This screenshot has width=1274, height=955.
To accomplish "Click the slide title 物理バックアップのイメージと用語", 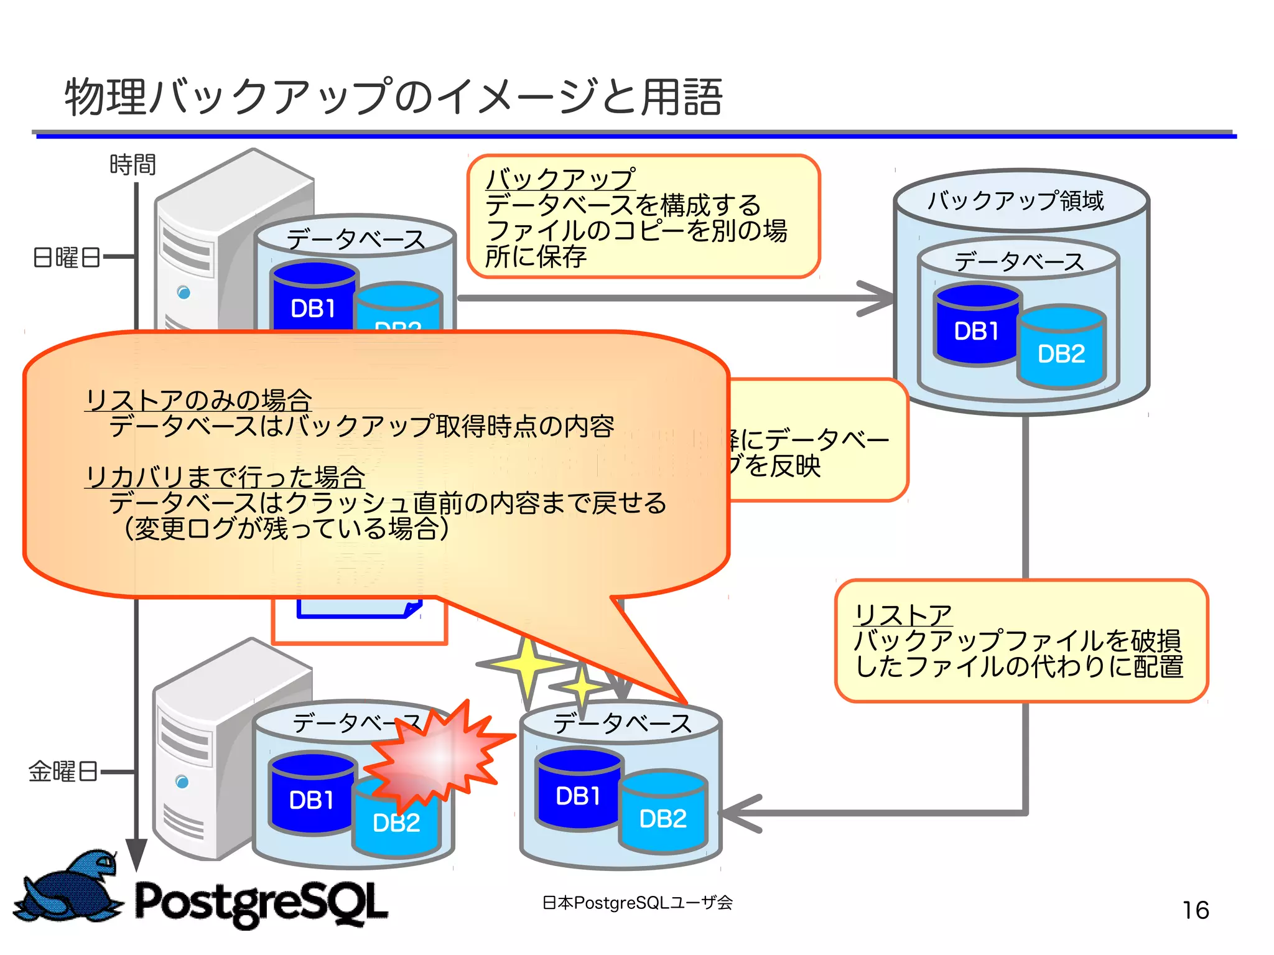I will point(393,98).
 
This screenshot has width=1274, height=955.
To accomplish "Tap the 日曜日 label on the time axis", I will point(67,257).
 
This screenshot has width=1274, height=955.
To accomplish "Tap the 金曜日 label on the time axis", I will point(63,771).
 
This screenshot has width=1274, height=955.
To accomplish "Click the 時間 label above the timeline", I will point(132,165).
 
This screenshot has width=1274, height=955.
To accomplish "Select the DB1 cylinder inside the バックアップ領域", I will point(976,327).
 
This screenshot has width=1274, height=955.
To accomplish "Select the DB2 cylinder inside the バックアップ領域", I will point(1061,350).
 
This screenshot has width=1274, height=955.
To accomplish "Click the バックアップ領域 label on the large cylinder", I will point(1015,201).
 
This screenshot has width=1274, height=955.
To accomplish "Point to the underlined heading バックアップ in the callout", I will point(560,179).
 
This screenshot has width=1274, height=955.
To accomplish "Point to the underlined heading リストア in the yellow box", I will point(903,615).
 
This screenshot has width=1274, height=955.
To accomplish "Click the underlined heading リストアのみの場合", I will point(198,400).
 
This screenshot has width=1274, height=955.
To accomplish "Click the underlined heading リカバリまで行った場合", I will point(225,477).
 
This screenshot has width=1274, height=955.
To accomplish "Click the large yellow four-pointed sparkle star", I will point(528,664).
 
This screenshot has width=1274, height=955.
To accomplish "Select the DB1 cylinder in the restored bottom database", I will point(578,793).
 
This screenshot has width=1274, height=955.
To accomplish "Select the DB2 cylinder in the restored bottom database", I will point(663,815).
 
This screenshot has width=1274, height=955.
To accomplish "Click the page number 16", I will point(1195,910).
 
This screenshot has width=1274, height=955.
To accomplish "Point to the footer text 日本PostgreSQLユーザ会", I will point(637,902).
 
